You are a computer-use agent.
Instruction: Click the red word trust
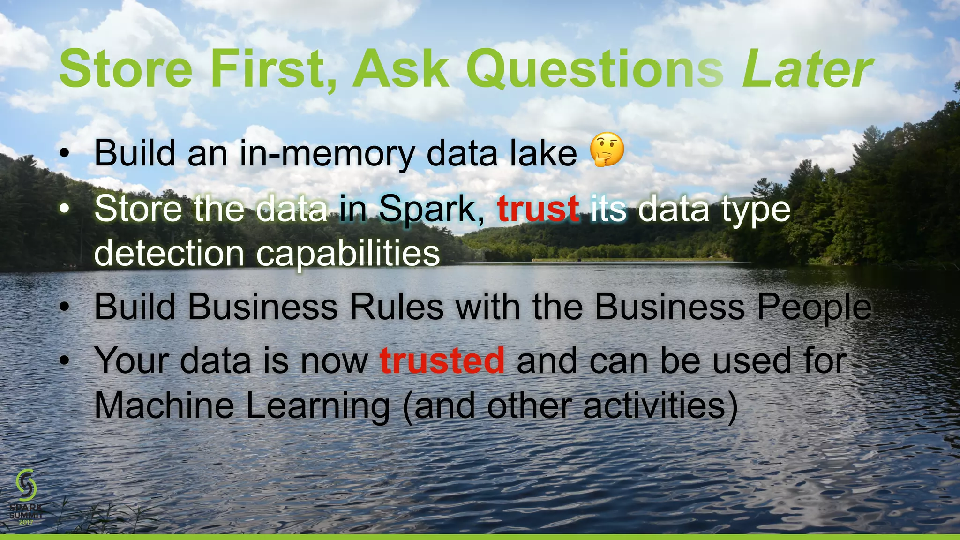[538, 209]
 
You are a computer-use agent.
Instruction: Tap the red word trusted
[442, 361]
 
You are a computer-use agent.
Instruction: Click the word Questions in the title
[594, 70]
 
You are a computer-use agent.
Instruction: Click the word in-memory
[327, 154]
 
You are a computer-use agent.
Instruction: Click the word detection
[169, 254]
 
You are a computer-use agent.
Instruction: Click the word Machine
[164, 405]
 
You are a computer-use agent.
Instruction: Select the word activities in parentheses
[654, 406]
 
